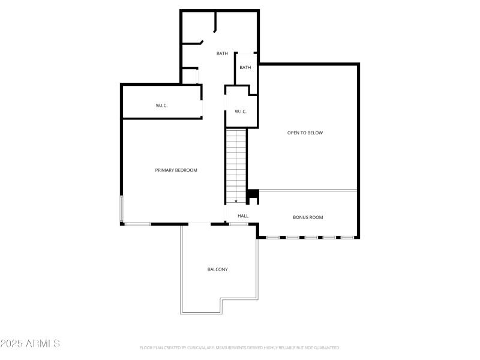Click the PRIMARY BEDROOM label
click(x=176, y=170)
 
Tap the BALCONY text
click(x=217, y=269)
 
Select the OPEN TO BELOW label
click(x=305, y=133)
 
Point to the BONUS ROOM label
click(x=308, y=217)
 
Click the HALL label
click(x=243, y=216)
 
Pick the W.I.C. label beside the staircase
click(x=241, y=112)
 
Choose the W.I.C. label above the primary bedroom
click(x=161, y=106)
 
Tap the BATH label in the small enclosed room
click(x=245, y=68)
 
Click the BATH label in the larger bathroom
click(x=223, y=54)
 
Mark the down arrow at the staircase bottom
click(x=236, y=201)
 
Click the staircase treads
click(x=236, y=162)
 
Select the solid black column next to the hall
click(x=253, y=194)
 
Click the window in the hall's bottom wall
click(x=238, y=224)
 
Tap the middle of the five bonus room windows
click(x=311, y=238)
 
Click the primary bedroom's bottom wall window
click(x=137, y=224)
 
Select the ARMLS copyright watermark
click(x=30, y=344)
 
